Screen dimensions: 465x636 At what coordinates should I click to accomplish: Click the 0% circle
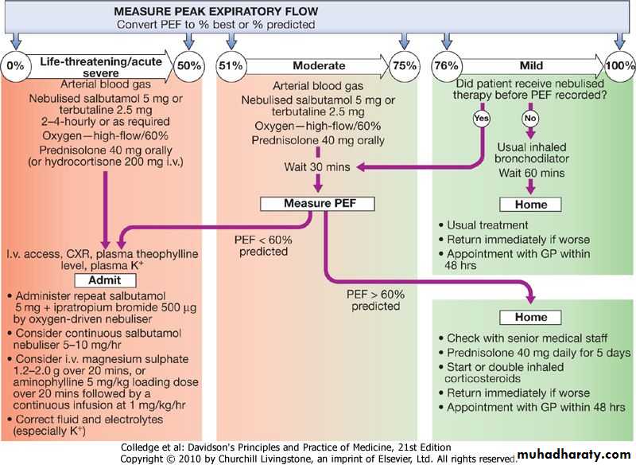pyautogui.click(x=15, y=66)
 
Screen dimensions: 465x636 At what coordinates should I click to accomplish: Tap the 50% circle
pyautogui.click(x=188, y=66)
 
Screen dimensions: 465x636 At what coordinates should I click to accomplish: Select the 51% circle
pyautogui.click(x=231, y=66)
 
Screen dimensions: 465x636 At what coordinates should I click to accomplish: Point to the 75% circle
pyautogui.click(x=405, y=66)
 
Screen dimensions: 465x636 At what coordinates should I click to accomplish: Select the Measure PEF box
pyautogui.click(x=318, y=203)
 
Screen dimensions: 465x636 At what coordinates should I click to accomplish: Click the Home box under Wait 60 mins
pyautogui.click(x=531, y=205)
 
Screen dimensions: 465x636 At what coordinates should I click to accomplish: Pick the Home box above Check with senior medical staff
pyautogui.click(x=531, y=318)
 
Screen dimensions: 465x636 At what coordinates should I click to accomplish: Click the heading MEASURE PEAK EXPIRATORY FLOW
pyautogui.click(x=215, y=11)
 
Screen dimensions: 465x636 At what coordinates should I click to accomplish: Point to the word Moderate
pyautogui.click(x=319, y=66)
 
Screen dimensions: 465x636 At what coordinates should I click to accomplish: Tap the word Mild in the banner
pyautogui.click(x=530, y=66)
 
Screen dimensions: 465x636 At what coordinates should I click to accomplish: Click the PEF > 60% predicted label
pyautogui.click(x=375, y=299)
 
